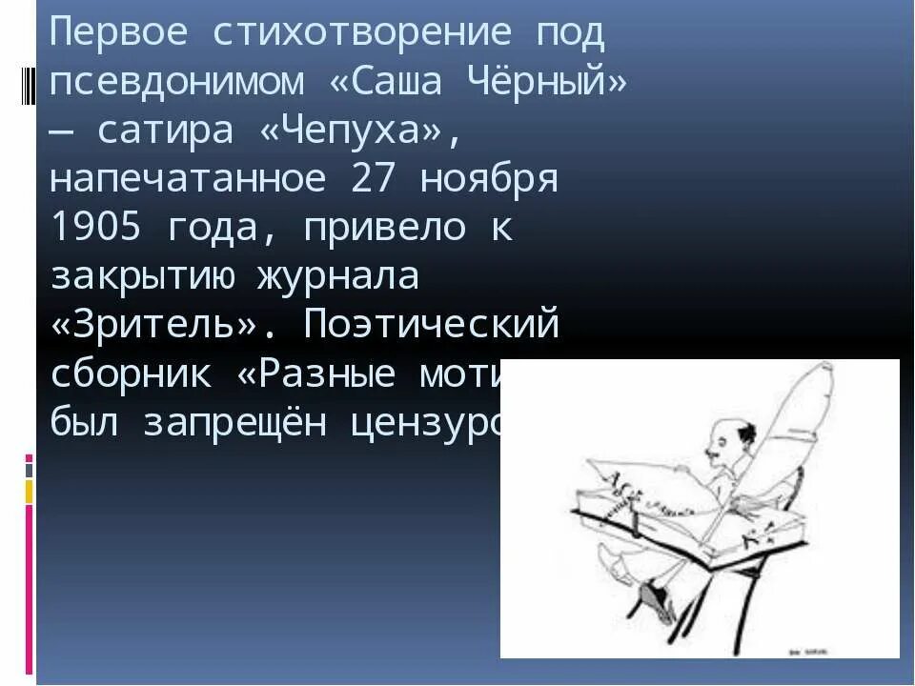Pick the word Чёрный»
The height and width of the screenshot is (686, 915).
click(549, 83)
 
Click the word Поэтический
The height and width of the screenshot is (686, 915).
click(431, 325)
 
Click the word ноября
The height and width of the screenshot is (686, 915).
click(489, 179)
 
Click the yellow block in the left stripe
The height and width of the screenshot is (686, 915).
click(29, 492)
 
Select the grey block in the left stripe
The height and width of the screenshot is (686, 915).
click(29, 470)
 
